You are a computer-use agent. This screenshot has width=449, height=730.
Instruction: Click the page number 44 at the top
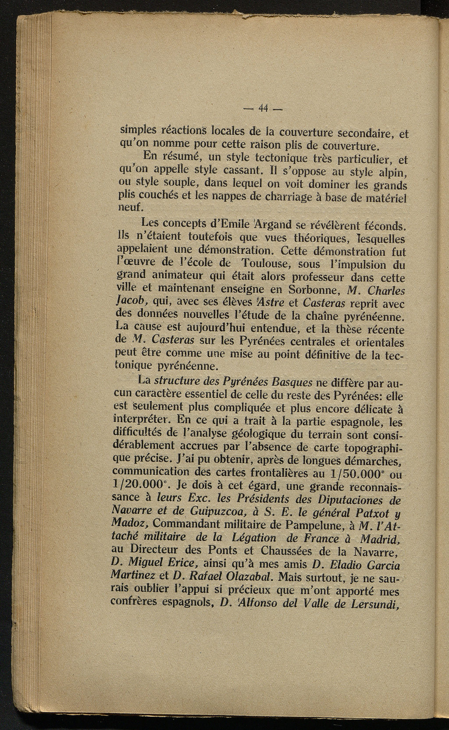[264, 107]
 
